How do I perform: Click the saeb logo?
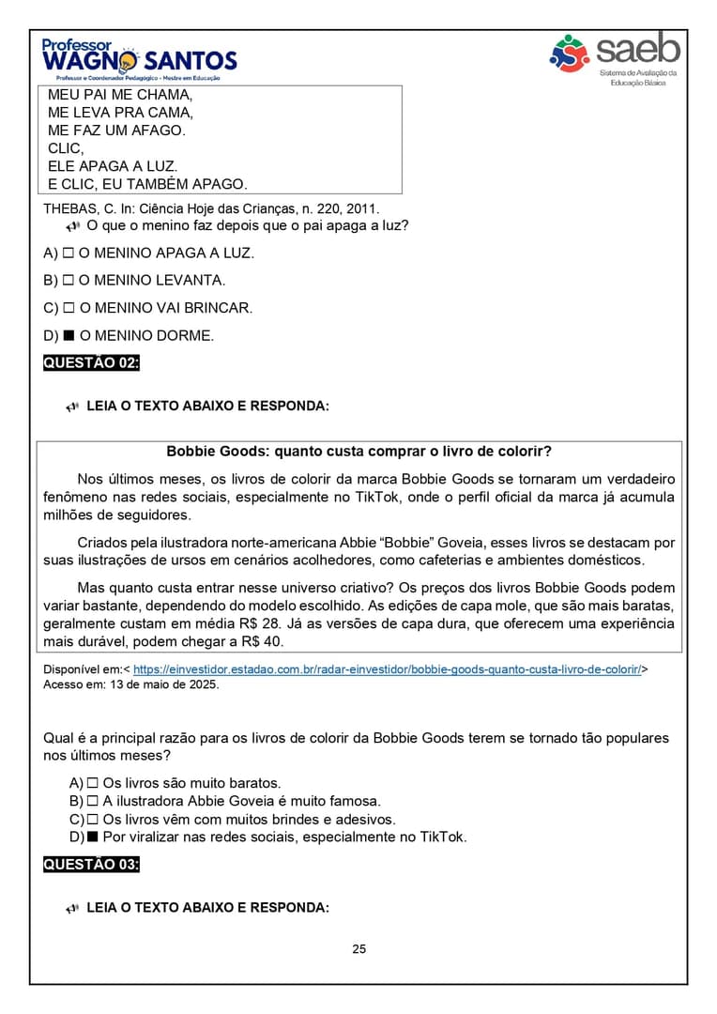click(x=616, y=58)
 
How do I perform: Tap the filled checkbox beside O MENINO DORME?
click(x=69, y=335)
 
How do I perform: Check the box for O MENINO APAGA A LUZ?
click(x=69, y=253)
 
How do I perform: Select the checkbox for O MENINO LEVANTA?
click(x=69, y=281)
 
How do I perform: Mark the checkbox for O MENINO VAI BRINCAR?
click(x=69, y=308)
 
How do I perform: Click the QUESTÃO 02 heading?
click(x=91, y=363)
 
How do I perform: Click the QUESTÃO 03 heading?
click(x=91, y=865)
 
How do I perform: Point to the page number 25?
click(x=359, y=949)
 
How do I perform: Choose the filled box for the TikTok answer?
click(x=92, y=837)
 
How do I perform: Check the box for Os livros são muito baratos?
click(x=92, y=783)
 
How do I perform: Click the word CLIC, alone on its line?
click(x=66, y=148)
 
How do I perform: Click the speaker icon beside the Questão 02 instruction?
click(x=72, y=407)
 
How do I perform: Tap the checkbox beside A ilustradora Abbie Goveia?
click(x=92, y=801)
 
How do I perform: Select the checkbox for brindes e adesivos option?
click(x=92, y=820)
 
